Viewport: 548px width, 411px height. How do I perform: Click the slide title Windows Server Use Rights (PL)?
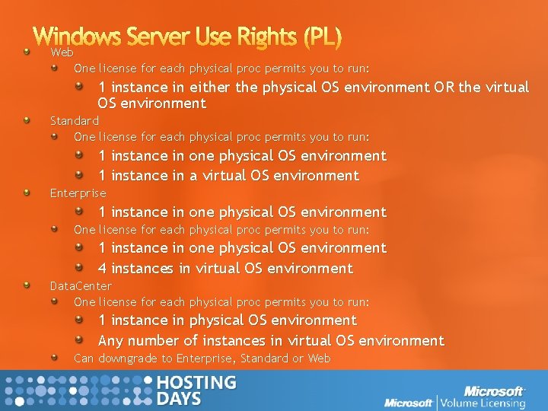tap(187, 36)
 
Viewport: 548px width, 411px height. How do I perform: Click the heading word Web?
tap(62, 53)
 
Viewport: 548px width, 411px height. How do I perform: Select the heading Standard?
tap(75, 120)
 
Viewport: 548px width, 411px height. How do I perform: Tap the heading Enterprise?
tap(78, 193)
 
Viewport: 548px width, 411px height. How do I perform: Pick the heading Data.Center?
tap(81, 285)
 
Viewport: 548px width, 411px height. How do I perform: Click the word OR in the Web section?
tap(444, 87)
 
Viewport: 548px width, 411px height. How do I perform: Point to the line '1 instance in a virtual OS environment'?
tap(228, 175)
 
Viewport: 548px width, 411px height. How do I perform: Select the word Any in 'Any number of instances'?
tap(111, 340)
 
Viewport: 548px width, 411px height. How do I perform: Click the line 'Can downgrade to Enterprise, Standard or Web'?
tap(202, 358)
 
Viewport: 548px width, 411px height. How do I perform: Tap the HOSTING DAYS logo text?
tap(196, 390)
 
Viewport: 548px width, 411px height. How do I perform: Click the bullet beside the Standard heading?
tap(27, 120)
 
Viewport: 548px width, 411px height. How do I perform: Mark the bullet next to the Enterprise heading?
tap(27, 193)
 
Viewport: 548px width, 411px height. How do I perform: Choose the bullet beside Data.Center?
tap(27, 285)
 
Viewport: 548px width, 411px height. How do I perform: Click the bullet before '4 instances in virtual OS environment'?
tap(79, 267)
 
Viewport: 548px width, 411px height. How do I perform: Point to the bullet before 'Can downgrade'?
tap(55, 357)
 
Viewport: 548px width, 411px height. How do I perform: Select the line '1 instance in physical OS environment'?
tap(228, 320)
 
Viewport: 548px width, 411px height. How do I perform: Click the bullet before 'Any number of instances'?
tap(79, 339)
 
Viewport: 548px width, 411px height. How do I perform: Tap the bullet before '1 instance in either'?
tap(79, 87)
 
